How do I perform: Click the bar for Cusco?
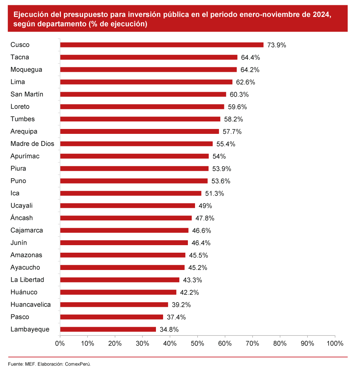tap(162, 45)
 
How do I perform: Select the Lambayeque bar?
tap(108, 329)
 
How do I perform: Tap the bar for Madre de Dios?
tap(136, 144)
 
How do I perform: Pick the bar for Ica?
tap(130, 193)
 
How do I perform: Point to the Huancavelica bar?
tap(114, 305)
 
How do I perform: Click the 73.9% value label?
tap(277, 45)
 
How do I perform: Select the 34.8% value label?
tap(169, 329)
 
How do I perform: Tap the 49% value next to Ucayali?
tap(205, 206)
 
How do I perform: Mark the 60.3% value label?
tap(239, 94)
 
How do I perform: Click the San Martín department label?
tap(27, 94)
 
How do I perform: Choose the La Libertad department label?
tap(27, 280)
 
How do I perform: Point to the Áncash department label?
tap(21, 218)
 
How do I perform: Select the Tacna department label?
tap(20, 57)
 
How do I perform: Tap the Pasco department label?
tap(20, 317)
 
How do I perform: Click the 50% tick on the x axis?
tap(197, 343)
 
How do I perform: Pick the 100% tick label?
tap(334, 343)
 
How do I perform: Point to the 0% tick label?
tap(60, 343)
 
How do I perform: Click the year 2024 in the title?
tap(322, 15)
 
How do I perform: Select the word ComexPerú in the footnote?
tap(78, 364)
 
